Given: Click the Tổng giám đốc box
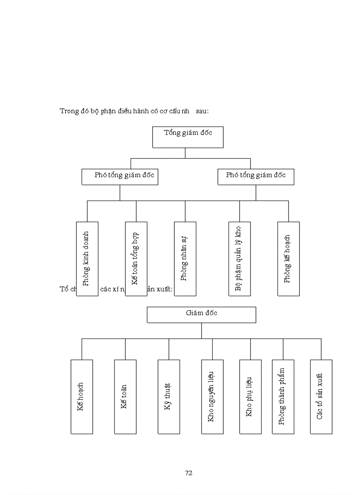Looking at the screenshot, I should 187,137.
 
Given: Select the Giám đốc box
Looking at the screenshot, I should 201,315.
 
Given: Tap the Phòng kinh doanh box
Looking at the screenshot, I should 87,259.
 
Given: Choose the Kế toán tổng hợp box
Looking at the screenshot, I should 136,259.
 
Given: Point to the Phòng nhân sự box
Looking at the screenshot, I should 185,259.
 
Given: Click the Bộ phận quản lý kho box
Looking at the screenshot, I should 239,259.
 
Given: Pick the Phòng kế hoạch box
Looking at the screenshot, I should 288,259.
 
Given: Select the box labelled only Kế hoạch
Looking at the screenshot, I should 82,397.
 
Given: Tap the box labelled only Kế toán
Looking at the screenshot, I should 125,397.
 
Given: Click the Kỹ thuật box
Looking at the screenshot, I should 169,397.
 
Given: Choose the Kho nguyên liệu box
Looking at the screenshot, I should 212,397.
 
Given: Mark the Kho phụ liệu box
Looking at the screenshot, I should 250,397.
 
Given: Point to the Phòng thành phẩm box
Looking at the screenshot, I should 283,397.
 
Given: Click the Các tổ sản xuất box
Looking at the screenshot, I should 321,397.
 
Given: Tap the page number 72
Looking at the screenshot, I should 189,473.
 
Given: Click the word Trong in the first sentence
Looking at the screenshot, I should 69,111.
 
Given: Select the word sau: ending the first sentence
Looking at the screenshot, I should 202,111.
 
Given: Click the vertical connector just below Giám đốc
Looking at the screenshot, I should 201,331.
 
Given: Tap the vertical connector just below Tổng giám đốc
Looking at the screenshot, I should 185,153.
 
